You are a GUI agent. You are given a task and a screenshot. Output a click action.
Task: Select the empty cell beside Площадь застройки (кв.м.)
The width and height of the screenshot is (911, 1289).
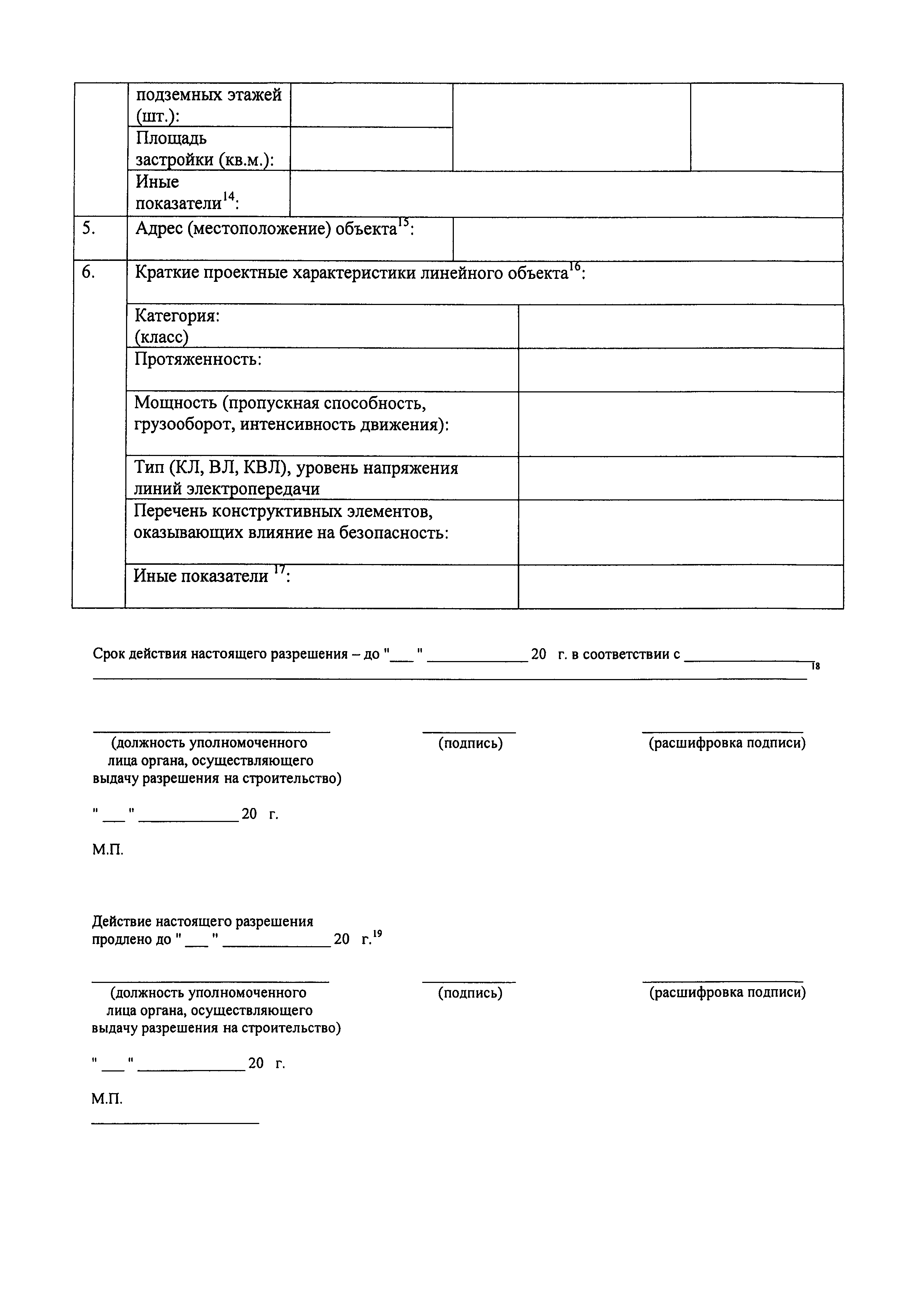[x=371, y=149]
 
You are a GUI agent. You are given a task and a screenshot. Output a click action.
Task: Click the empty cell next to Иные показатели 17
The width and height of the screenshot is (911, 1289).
[x=680, y=586]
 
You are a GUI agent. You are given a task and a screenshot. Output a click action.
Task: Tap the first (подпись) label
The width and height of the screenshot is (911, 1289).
[x=470, y=743]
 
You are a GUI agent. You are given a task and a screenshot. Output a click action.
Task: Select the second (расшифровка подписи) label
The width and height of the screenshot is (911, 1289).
[x=727, y=1008]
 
